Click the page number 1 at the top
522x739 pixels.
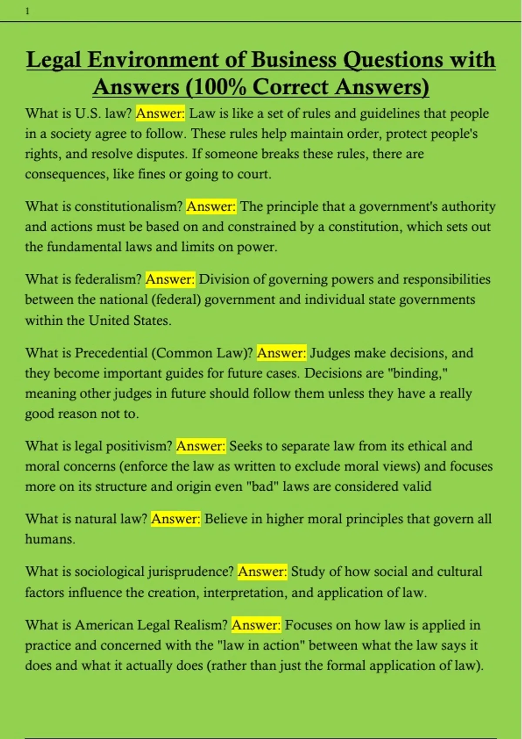pos(27,12)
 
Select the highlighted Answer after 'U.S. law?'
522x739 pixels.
pos(160,113)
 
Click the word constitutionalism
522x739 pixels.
pos(128,206)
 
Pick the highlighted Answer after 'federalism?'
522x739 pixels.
pos(170,279)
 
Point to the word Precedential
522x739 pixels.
pos(111,353)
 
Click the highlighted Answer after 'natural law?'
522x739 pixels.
pos(175,519)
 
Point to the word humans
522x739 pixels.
pos(50,539)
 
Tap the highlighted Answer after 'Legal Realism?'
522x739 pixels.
pos(256,625)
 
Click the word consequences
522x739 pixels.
pos(65,174)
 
